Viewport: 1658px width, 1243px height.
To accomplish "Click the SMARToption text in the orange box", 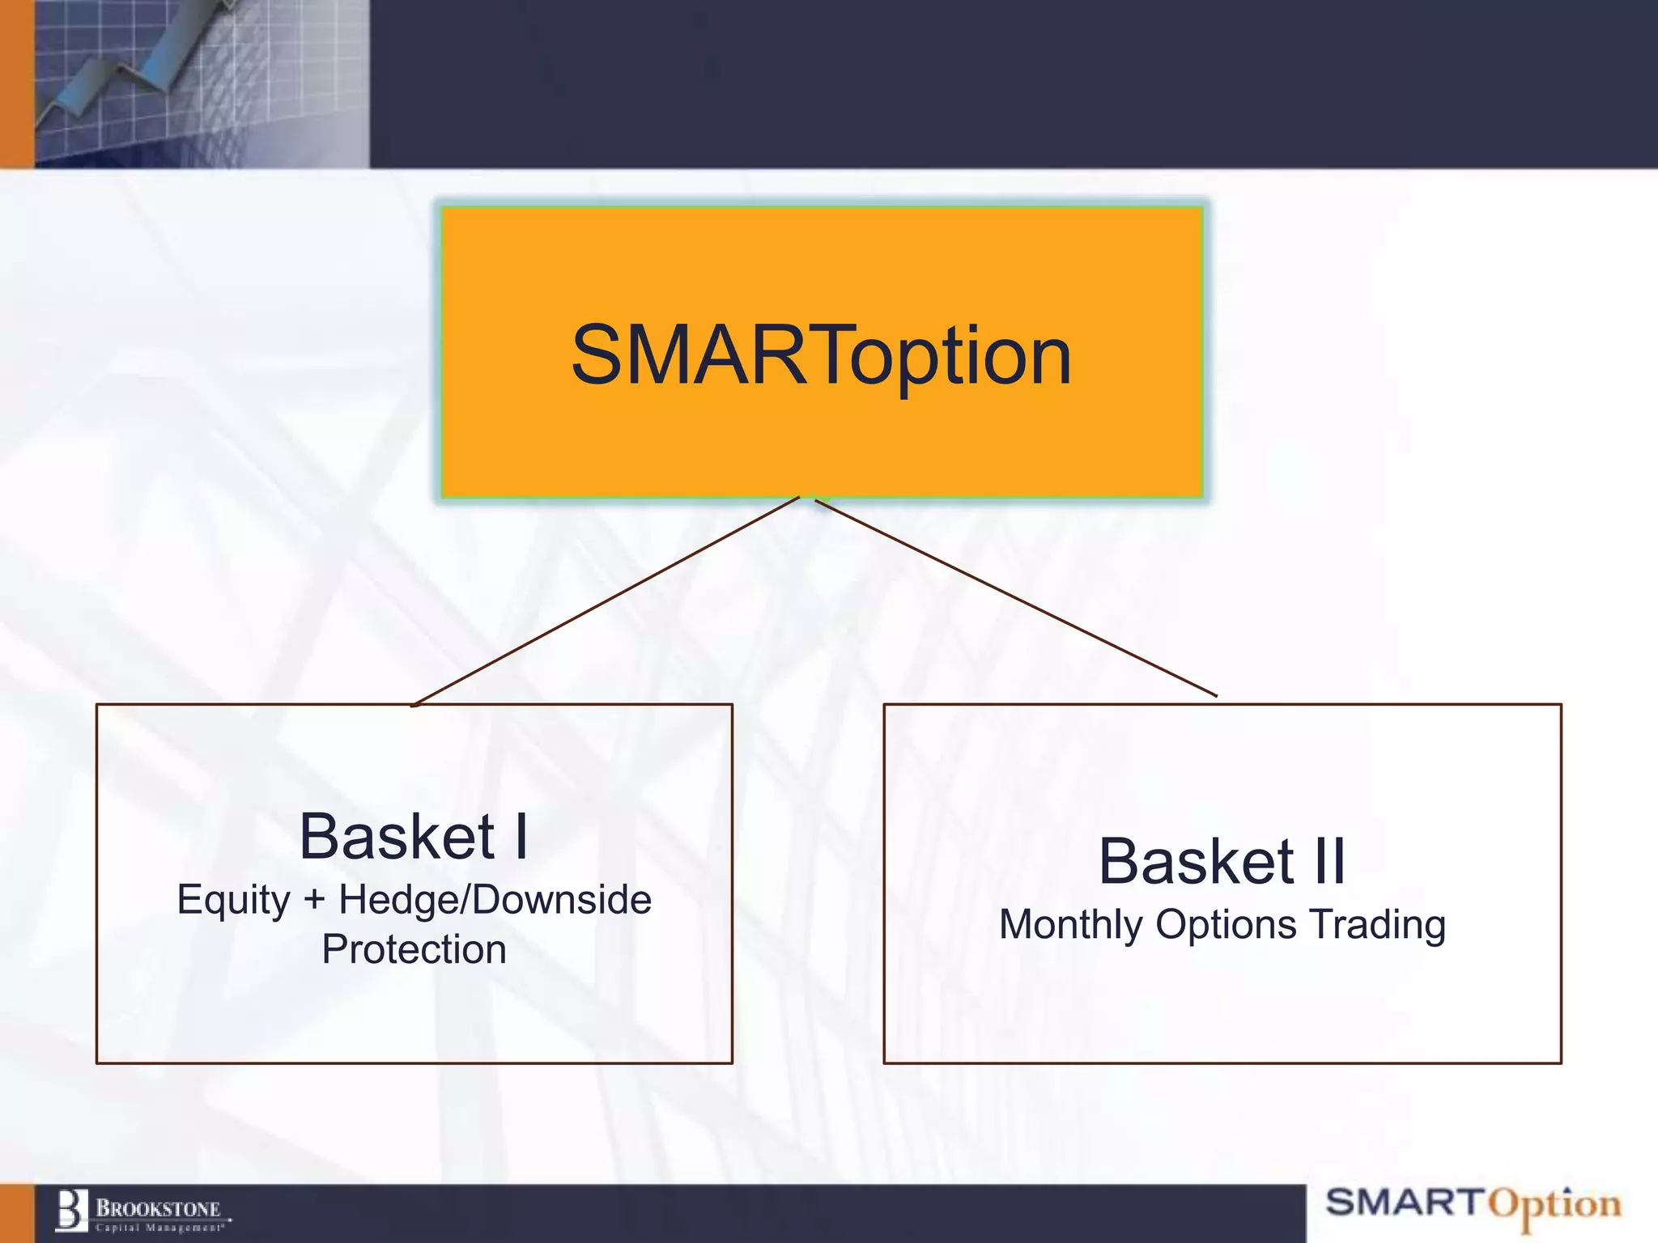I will (821, 356).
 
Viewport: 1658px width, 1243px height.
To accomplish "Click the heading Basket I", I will (414, 837).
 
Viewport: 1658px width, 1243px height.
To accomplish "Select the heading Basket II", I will (1222, 861).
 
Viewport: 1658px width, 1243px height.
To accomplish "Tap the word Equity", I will (233, 901).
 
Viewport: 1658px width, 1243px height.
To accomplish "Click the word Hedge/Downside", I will (495, 901).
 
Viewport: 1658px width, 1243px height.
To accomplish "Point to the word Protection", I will (414, 949).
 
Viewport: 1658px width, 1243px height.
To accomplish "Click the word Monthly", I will (1069, 925).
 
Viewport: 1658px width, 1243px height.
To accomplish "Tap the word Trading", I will (1377, 925).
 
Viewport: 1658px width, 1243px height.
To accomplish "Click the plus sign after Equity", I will (314, 901).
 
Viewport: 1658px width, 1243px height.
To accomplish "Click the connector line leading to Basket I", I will (607, 600).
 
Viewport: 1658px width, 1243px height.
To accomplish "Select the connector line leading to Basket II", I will (1015, 598).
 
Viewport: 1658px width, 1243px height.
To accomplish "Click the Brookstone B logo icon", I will (71, 1211).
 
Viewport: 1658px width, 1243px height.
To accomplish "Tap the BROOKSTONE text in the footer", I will (159, 1208).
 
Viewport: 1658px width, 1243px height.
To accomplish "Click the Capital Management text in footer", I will (159, 1228).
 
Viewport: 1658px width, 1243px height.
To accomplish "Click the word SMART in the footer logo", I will (1404, 1202).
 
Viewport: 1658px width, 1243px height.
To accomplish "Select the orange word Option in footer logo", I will (1554, 1206).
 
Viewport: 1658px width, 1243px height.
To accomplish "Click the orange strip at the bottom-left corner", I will (16, 1213).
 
